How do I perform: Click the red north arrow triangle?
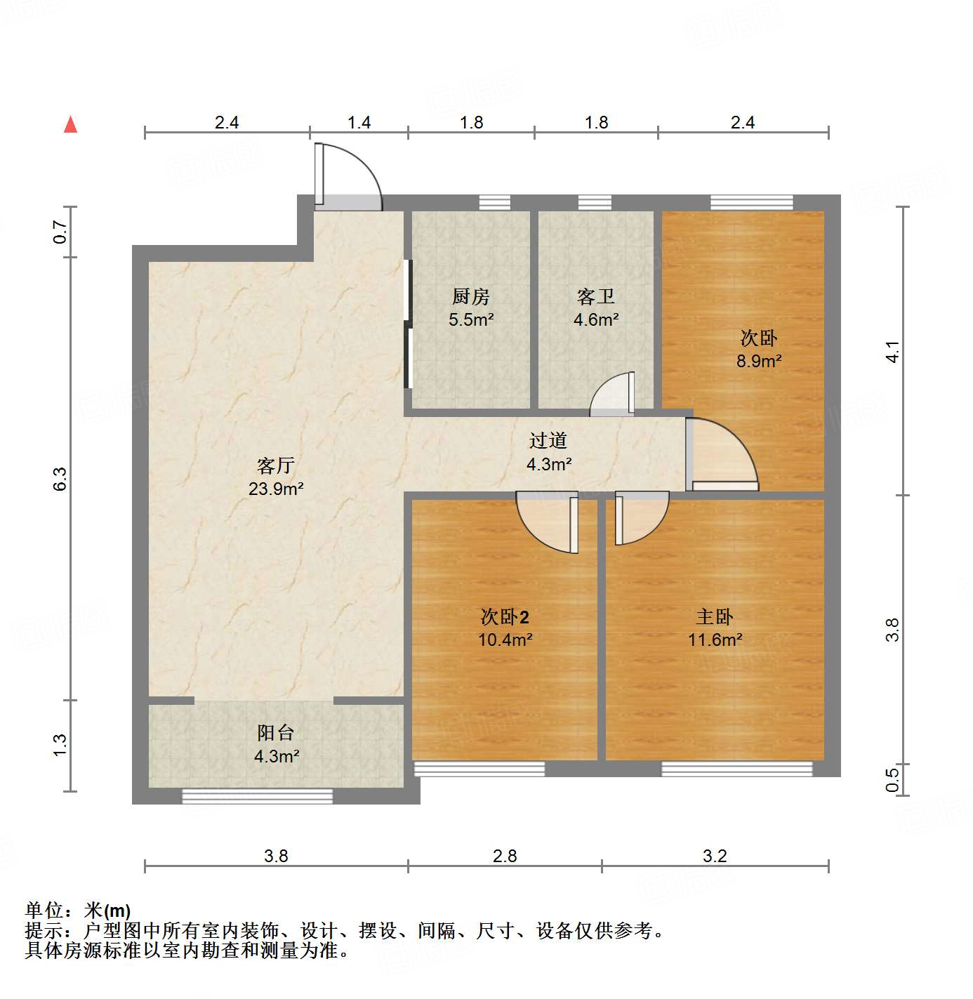pos(70,124)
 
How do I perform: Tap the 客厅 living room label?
pos(276,465)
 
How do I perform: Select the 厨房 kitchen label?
pos(471,297)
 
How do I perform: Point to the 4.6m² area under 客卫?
pos(596,320)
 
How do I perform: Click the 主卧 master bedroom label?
pos(715,617)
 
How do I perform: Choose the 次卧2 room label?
pos(505,617)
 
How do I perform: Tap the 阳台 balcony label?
pos(276,733)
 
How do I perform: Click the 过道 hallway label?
pos(548,441)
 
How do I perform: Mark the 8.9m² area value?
pos(759,362)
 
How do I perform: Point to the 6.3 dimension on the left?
pos(60,479)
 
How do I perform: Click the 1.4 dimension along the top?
pos(359,123)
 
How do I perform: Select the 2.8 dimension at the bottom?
pos(505,856)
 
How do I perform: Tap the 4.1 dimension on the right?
pos(892,351)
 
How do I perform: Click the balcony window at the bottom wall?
pos(257,796)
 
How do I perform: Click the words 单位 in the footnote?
pos(44,911)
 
